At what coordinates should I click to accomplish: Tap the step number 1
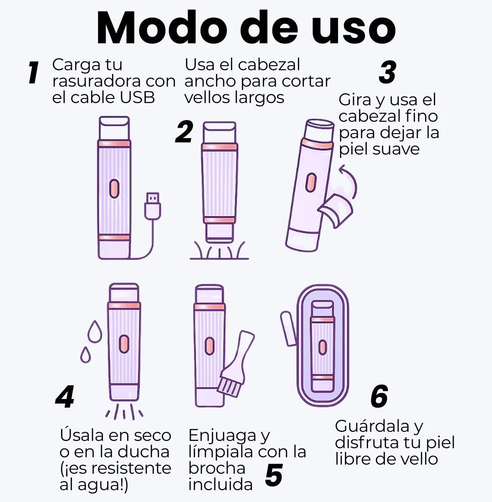pyautogui.click(x=33, y=72)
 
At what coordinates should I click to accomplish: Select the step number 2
pyautogui.click(x=184, y=131)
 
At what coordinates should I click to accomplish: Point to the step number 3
pyautogui.click(x=387, y=72)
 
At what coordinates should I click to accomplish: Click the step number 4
pyautogui.click(x=65, y=397)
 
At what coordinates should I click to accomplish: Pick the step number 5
pyautogui.click(x=274, y=475)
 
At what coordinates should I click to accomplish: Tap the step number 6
pyautogui.click(x=379, y=396)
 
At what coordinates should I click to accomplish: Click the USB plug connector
pyautogui.click(x=152, y=206)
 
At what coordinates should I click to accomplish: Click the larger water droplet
pyautogui.click(x=95, y=331)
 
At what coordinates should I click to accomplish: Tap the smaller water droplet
pyautogui.click(x=85, y=355)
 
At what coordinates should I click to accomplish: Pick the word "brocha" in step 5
pyautogui.click(x=217, y=468)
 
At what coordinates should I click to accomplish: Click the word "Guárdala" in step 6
pyautogui.click(x=373, y=426)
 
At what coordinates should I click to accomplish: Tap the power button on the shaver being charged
pyautogui.click(x=114, y=189)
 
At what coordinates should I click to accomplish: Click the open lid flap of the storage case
pyautogui.click(x=288, y=328)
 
